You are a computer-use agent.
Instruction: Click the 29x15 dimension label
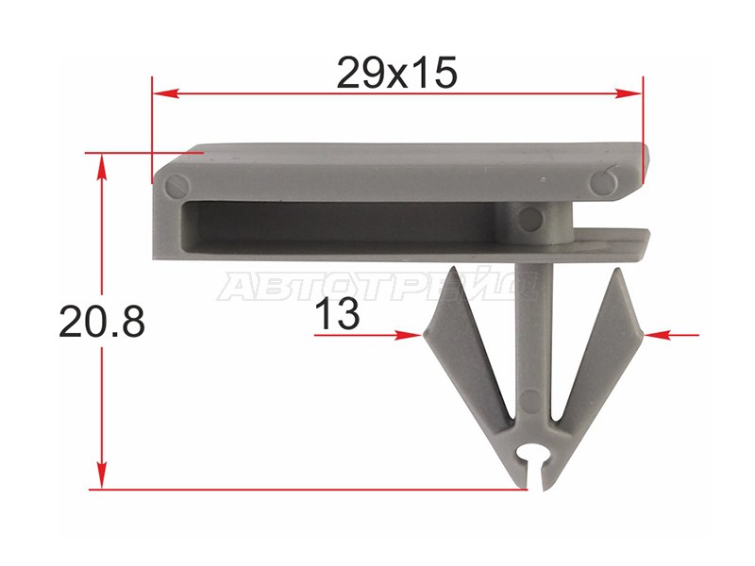click(x=396, y=74)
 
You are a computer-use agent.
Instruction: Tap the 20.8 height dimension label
click(x=102, y=322)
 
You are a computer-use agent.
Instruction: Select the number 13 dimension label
click(x=338, y=313)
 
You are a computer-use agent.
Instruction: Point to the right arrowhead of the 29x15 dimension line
click(x=629, y=93)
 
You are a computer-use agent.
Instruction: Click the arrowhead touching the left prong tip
click(x=409, y=335)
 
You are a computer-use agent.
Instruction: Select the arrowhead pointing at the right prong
click(x=658, y=335)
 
